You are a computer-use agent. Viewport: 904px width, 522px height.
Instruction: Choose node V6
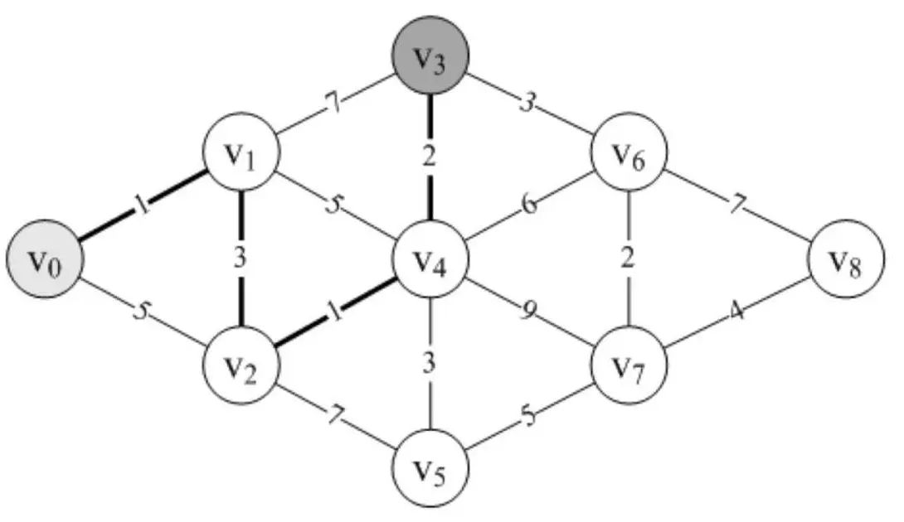coord(629,155)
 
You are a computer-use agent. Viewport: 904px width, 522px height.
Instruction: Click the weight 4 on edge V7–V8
coord(736,314)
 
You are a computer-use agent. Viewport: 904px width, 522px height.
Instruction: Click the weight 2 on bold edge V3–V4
coord(429,156)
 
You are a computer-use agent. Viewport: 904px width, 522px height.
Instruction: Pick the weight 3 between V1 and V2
coord(241,258)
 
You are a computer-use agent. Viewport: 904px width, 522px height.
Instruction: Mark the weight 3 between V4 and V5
coord(429,362)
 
